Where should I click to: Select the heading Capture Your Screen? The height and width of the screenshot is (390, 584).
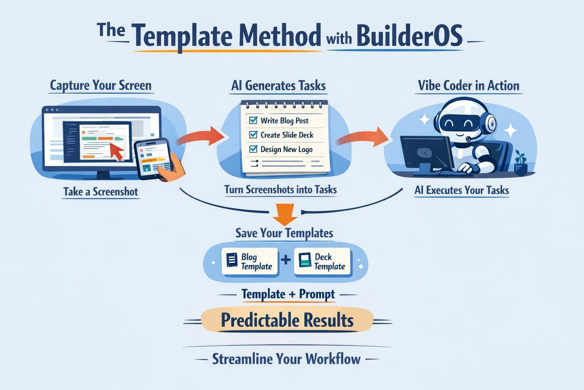click(101, 85)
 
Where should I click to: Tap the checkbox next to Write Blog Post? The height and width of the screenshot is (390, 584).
click(253, 120)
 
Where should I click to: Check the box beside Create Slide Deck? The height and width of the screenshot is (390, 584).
click(253, 134)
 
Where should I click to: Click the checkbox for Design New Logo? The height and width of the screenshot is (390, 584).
click(253, 149)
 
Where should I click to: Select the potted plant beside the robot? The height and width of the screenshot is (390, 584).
click(521, 164)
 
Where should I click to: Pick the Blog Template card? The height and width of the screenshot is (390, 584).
click(250, 262)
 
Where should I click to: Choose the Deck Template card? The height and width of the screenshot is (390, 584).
click(322, 262)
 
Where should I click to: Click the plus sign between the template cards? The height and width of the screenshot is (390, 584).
click(286, 261)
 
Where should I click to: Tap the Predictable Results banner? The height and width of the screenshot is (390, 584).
click(287, 320)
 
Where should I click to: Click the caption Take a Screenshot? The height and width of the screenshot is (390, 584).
click(101, 191)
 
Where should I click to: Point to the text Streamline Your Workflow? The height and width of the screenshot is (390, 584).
click(286, 359)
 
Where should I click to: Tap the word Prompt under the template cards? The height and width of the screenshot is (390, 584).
click(317, 294)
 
